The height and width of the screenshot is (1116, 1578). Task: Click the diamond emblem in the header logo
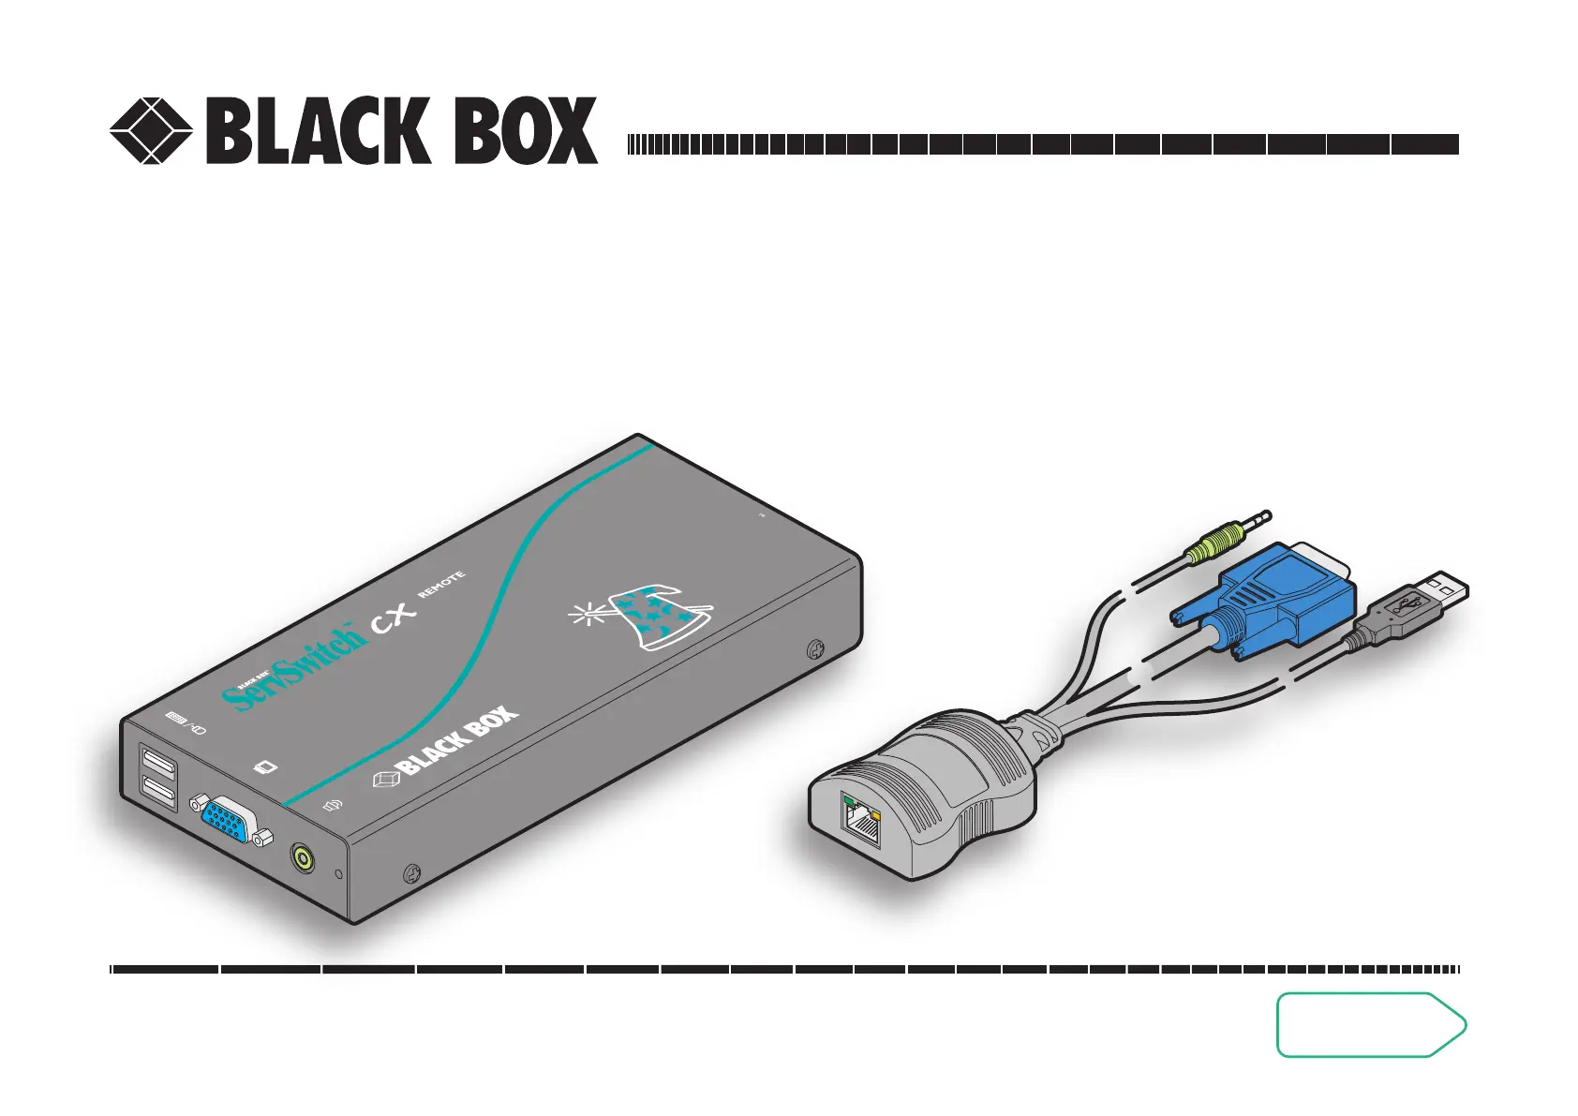(151, 130)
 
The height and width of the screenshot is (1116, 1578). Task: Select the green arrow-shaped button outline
(1370, 1024)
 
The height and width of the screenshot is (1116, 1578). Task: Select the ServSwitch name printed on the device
(292, 666)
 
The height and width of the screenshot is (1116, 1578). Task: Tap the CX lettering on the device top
(394, 619)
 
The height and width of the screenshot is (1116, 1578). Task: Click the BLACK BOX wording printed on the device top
(457, 741)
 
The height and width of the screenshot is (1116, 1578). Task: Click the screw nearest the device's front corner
(410, 875)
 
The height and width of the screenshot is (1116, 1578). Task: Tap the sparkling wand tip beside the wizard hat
(588, 615)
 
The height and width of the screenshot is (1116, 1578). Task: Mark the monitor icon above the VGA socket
(267, 768)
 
